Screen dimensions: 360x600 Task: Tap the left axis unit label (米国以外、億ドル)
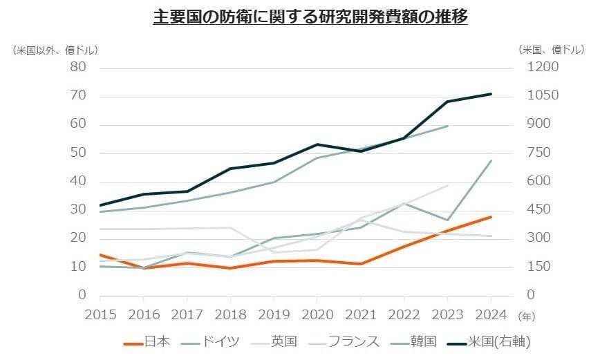[55, 50]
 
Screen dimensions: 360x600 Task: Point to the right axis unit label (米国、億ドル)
[550, 50]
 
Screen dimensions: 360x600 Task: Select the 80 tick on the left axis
[77, 67]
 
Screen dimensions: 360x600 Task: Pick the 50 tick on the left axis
[77, 153]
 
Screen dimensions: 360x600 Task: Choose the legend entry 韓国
[424, 341]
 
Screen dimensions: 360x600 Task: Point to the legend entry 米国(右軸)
[499, 341]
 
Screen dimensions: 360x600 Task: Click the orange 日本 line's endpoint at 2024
[491, 217]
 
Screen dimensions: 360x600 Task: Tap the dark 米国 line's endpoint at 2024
[491, 94]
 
